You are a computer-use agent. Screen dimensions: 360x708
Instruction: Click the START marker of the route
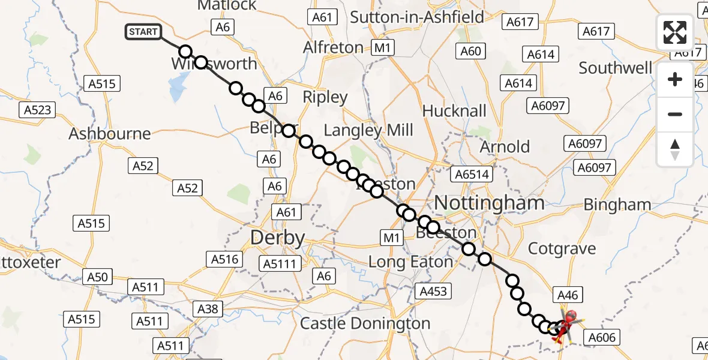pos(143,32)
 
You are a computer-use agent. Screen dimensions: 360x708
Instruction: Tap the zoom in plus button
pos(675,80)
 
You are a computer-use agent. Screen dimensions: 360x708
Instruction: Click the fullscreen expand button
pos(675,32)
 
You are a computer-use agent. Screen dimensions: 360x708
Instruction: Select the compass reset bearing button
pos(675,149)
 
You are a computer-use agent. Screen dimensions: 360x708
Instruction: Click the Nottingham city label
pos(489,203)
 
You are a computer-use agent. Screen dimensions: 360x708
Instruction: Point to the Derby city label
pos(277,238)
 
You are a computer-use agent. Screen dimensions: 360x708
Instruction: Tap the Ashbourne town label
pos(110,133)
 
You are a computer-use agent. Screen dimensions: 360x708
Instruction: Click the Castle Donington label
pos(365,323)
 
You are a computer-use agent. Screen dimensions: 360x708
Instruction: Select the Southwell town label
pos(615,68)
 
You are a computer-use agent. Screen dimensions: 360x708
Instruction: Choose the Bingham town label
pos(617,205)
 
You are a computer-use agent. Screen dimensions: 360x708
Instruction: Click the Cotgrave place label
pos(562,248)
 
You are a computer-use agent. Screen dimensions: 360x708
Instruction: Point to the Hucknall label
pos(454,111)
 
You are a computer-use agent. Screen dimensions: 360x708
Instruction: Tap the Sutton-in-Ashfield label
pos(417,17)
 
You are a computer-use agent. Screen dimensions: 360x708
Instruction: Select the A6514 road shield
pos(472,175)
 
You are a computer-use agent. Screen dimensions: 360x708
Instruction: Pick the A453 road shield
pos(433,292)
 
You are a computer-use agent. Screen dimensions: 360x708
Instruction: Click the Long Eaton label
pos(410,262)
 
